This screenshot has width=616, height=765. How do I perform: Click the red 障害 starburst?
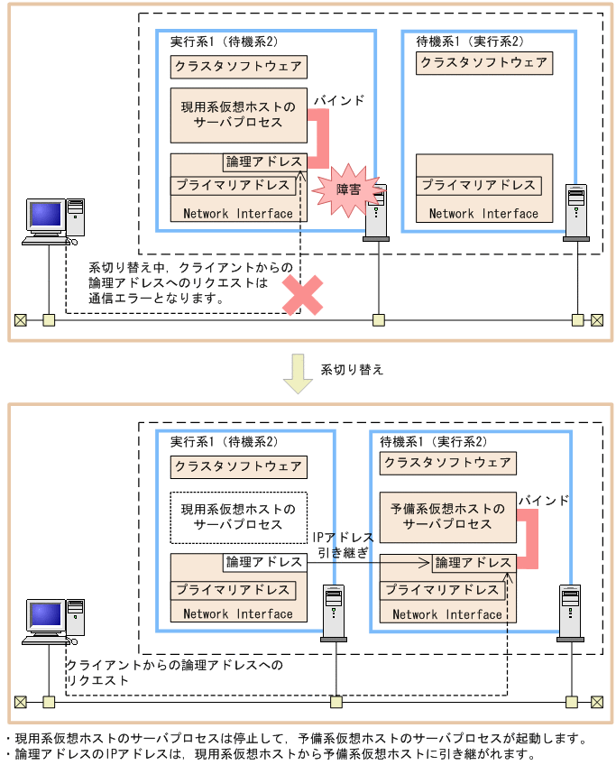(x=343, y=189)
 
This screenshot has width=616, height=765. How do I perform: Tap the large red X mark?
(x=303, y=295)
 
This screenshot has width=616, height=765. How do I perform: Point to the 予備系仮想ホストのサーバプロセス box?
(x=447, y=516)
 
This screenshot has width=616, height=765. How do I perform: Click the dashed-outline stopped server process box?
(x=239, y=517)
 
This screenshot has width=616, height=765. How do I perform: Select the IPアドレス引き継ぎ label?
(x=340, y=545)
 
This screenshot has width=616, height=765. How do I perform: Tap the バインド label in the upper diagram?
(x=339, y=100)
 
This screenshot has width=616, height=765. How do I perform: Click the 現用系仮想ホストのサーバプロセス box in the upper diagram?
(x=239, y=115)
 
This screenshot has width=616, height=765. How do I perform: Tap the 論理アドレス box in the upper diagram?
(x=265, y=162)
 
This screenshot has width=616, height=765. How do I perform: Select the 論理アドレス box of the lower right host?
(x=473, y=562)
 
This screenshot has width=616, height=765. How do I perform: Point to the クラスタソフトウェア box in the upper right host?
(x=484, y=63)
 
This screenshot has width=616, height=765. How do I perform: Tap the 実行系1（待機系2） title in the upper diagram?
(x=224, y=42)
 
